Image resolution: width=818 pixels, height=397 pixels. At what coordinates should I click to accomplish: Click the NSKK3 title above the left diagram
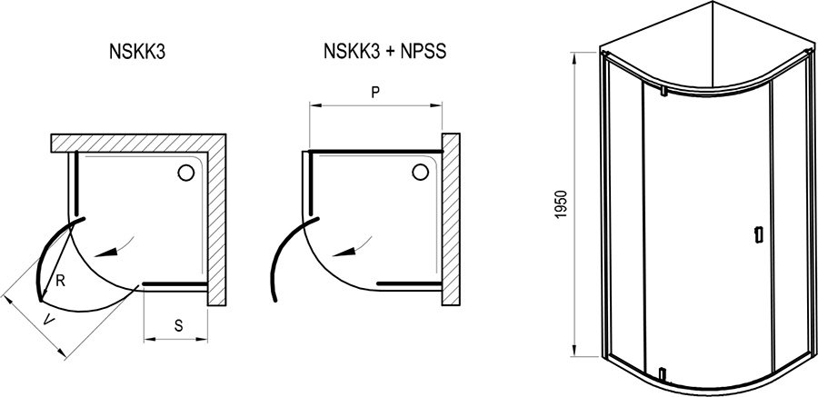(137, 53)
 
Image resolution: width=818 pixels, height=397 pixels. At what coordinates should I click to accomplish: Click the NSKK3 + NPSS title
(385, 52)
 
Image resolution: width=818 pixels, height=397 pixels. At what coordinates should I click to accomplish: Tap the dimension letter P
(374, 93)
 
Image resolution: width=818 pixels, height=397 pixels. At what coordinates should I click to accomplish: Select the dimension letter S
(178, 326)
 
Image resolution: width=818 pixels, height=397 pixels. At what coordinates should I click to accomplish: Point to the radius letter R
(61, 282)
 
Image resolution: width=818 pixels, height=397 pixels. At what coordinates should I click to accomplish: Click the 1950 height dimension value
(561, 204)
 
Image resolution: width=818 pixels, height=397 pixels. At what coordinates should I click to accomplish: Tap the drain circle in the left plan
(185, 173)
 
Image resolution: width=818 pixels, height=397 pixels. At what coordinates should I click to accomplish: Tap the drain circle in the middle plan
(421, 171)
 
